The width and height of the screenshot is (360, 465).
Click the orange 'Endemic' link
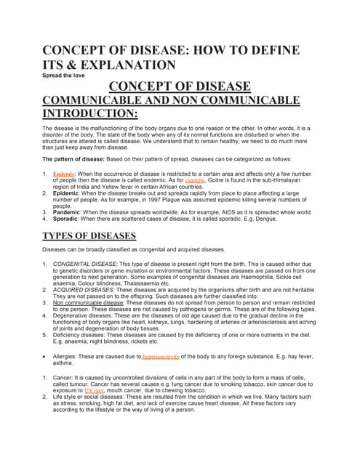(x=64, y=174)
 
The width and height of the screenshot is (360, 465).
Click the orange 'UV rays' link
(x=94, y=390)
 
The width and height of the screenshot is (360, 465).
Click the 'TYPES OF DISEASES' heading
(x=89, y=235)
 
